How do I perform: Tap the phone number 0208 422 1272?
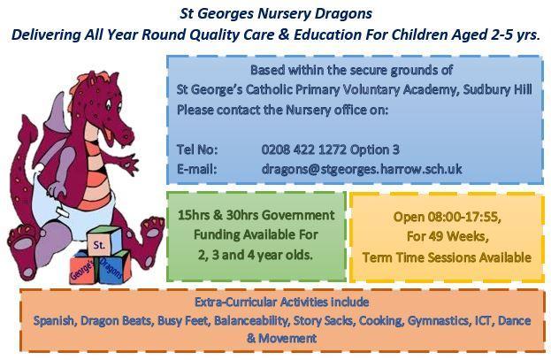[x=303, y=149]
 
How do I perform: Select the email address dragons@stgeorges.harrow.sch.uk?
[x=362, y=170]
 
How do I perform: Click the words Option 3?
[x=375, y=150]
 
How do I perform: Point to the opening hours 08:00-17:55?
[x=464, y=217]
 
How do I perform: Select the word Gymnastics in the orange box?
[x=438, y=320]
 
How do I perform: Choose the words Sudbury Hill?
[x=497, y=89]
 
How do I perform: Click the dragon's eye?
[x=110, y=103]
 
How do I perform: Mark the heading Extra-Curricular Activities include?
[x=282, y=302]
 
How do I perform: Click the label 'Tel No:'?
[x=197, y=150]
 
